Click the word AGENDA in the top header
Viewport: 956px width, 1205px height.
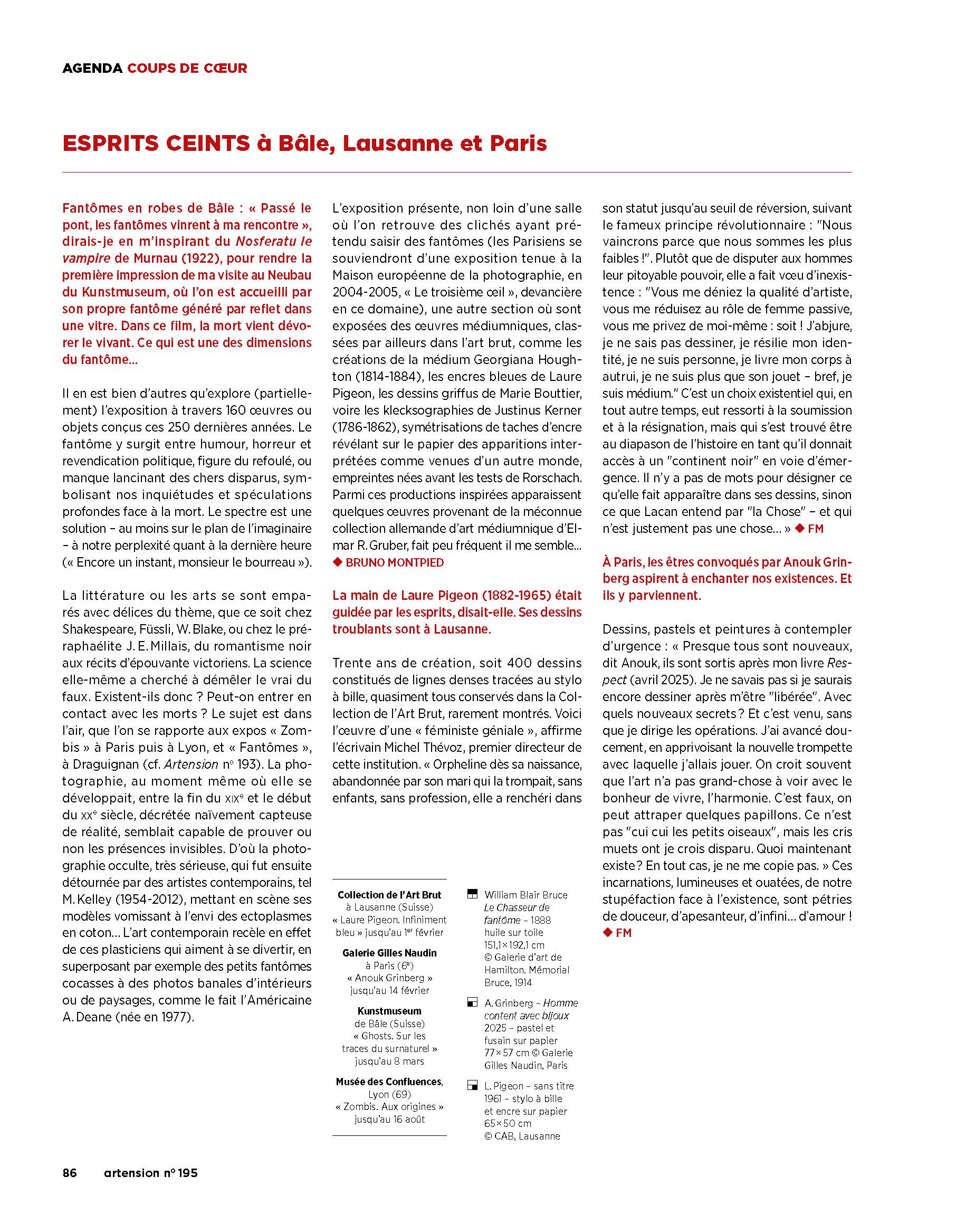pos(92,68)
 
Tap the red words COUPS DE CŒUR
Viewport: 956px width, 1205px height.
pos(187,68)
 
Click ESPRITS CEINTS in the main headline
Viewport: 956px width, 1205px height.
pos(156,144)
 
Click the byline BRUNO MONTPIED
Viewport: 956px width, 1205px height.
pos(395,562)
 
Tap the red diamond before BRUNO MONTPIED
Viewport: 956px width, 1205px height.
pos(337,562)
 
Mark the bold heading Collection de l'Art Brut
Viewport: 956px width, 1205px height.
pos(390,895)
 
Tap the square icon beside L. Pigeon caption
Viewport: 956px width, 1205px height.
pos(472,1086)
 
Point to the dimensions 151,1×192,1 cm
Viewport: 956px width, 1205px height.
pos(514,944)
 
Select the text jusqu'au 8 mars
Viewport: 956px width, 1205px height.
pos(390,1061)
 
